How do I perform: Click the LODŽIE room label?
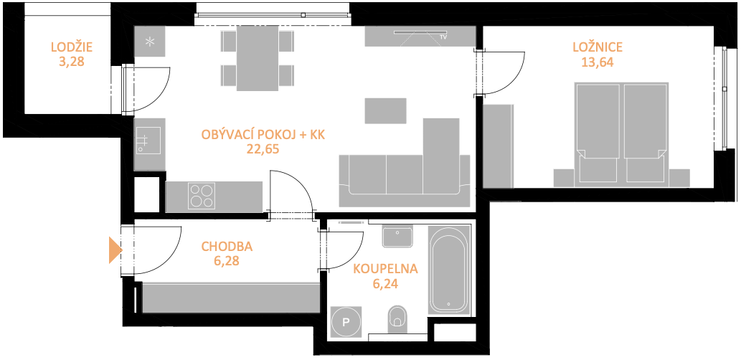coord(71,47)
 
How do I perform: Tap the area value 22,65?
coord(263,149)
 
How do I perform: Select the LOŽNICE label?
coord(598,47)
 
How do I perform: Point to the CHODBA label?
coord(227,246)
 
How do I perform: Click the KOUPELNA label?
coord(386,269)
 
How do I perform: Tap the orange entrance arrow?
coord(115,250)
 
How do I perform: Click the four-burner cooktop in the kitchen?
coord(202,196)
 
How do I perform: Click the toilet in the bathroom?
coord(397,319)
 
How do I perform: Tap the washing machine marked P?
coord(346,323)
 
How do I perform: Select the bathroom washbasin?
coord(398,237)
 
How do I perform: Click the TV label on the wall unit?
coord(443,37)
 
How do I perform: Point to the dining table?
coord(258,58)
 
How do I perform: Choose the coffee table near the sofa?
coord(386,110)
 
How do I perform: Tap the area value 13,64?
coord(598,62)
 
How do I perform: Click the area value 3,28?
coord(71,62)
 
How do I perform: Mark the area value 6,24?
coord(386,283)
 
